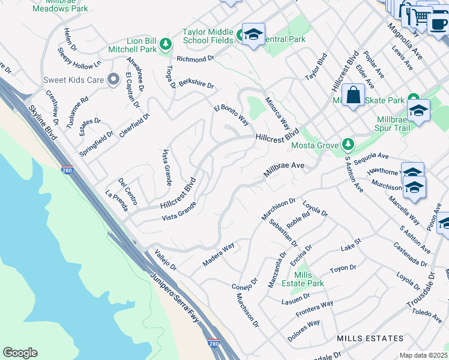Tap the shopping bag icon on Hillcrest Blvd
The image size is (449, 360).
pos(354,96)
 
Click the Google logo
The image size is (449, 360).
pos(20,353)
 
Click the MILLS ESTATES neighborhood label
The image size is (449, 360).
pos(370,339)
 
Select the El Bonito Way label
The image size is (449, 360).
pos(232,115)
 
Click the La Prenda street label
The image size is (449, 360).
pos(116,202)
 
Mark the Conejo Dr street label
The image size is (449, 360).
pos(244,283)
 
